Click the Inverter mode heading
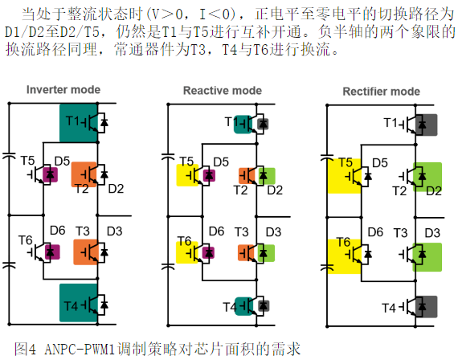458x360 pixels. pos(63,90)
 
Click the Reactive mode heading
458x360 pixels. pos(223,91)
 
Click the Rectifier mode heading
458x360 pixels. pos(381,92)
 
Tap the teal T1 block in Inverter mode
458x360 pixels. pos(78,123)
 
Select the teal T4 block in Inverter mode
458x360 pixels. pos(78,303)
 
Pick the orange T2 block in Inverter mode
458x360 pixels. pos(84,174)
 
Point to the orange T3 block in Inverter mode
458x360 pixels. pos(86,252)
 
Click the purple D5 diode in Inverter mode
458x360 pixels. pos(51,174)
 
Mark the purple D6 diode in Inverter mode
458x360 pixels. pos(52,252)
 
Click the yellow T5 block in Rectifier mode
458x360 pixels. pos(345,176)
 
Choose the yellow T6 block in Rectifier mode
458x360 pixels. pos(345,256)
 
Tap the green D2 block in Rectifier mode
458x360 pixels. pos(427,177)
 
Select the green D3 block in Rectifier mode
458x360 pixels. pos(427,257)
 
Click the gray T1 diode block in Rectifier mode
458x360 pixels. pos(426,125)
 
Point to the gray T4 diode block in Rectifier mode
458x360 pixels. pos(426,306)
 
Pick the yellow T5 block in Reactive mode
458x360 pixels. pos(188,175)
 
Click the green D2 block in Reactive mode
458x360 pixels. pos(267,176)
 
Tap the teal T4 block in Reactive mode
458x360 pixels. pos(243,306)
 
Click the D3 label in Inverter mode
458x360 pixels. pos(114,231)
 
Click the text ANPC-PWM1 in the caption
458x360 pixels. pos(80,350)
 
